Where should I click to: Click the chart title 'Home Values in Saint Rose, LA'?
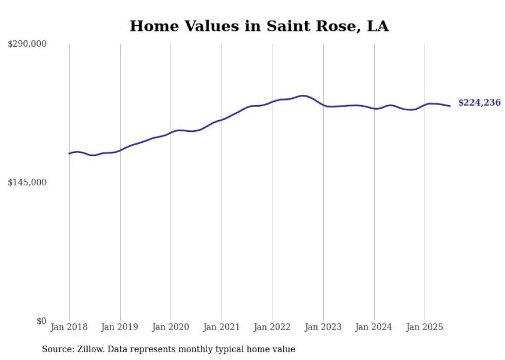coord(259,26)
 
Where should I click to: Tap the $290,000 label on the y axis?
coord(27,44)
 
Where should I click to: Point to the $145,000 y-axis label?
coord(27,182)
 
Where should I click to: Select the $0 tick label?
coord(41,321)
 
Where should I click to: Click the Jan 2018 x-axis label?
coord(69,327)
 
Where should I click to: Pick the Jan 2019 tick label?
coord(120,327)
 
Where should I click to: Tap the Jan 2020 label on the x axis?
coord(171,327)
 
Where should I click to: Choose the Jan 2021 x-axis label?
coord(222,327)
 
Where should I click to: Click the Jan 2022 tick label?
coord(273,327)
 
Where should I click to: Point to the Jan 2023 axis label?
coord(323,327)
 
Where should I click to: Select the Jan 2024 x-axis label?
coord(374,327)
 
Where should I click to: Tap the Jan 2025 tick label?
coord(425,327)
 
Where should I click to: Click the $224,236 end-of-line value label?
coord(479,103)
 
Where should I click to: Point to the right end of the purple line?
coord(450,106)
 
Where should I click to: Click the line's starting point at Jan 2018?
coord(69,153)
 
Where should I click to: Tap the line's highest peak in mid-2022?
coord(304,95)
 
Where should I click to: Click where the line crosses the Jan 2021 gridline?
coord(222,119)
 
